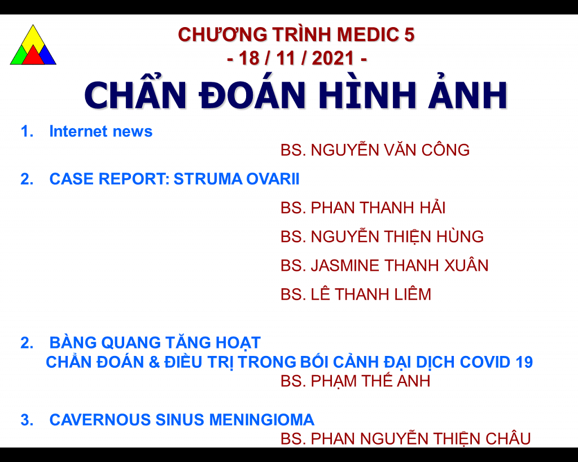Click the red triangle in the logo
(x=33, y=56)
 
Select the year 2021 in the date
(x=333, y=58)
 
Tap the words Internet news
(x=101, y=131)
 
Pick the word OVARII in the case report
(x=273, y=179)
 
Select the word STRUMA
(x=208, y=179)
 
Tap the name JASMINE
(x=345, y=265)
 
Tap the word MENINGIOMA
(x=262, y=420)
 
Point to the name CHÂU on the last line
(x=508, y=438)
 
